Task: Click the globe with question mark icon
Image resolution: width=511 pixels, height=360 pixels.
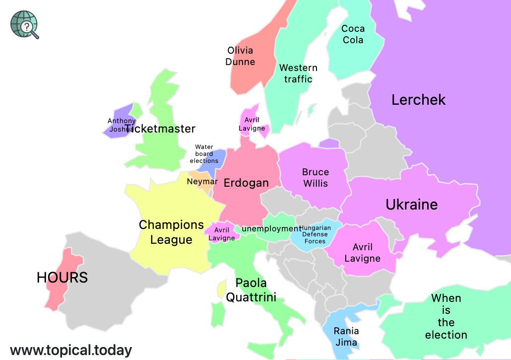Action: pyautogui.click(x=24, y=24)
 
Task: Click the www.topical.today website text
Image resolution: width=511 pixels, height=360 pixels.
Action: pyautogui.click(x=71, y=350)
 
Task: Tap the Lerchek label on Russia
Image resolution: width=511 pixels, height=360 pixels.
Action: pyautogui.click(x=418, y=100)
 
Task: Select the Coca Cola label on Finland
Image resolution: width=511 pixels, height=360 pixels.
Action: pyautogui.click(x=353, y=34)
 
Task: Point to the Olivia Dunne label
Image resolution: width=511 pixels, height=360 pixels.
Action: pyautogui.click(x=240, y=56)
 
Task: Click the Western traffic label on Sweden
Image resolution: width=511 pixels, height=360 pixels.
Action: pyautogui.click(x=298, y=73)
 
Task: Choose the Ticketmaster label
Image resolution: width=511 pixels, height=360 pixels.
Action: pyautogui.click(x=160, y=129)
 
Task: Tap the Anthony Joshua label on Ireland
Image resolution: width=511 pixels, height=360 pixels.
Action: pyautogui.click(x=121, y=125)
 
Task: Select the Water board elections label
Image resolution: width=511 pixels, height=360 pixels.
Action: pyautogui.click(x=204, y=154)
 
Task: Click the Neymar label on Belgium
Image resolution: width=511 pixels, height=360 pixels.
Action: pyautogui.click(x=202, y=182)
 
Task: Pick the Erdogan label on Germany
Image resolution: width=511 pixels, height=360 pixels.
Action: pyautogui.click(x=246, y=183)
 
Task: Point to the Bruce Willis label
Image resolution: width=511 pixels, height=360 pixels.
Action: pyautogui.click(x=316, y=178)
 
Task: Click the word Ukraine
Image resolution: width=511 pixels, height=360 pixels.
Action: pyautogui.click(x=411, y=205)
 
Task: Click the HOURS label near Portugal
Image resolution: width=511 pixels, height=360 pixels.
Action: pyautogui.click(x=62, y=278)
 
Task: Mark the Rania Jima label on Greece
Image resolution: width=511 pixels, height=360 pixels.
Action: pyautogui.click(x=346, y=337)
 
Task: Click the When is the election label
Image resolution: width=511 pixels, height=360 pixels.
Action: pyautogui.click(x=446, y=316)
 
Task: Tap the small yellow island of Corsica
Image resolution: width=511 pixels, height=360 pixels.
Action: pyautogui.click(x=222, y=289)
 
